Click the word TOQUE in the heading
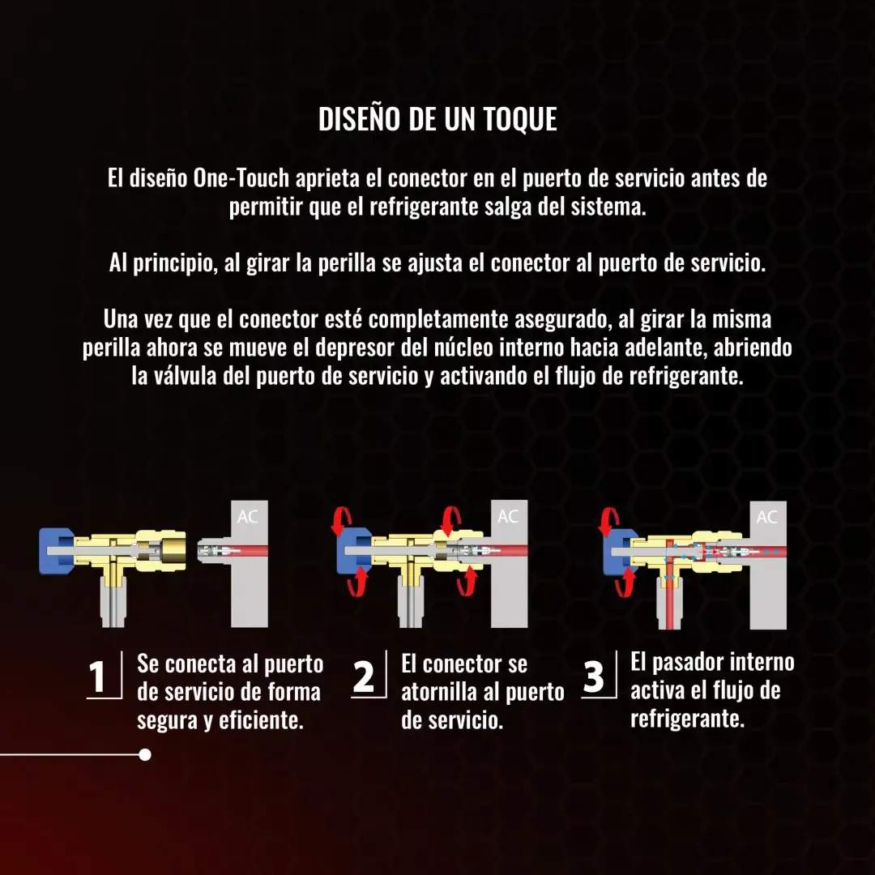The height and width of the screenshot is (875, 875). (519, 119)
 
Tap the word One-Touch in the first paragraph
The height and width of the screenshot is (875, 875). (241, 178)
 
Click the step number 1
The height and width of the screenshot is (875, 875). (97, 677)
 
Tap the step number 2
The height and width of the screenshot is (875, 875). (363, 677)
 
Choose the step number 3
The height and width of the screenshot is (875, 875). (593, 677)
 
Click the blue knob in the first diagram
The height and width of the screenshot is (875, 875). (55, 552)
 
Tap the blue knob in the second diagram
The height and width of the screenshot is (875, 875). (353, 551)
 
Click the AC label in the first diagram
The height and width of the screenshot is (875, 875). (248, 517)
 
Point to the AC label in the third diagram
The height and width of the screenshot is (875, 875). (766, 517)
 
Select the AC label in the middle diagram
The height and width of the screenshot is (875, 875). (508, 517)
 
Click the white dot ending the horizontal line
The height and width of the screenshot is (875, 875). (145, 755)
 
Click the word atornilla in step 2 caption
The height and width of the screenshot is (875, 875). (439, 693)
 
